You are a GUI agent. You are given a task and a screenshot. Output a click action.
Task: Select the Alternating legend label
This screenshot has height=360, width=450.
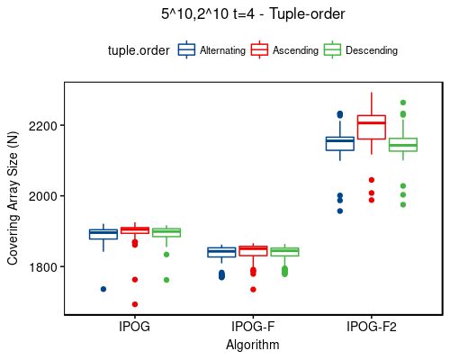click(x=223, y=51)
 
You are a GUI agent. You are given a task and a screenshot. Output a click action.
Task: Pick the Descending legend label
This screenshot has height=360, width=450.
click(x=372, y=51)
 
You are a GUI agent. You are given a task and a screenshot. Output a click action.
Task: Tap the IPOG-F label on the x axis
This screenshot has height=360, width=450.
click(x=253, y=327)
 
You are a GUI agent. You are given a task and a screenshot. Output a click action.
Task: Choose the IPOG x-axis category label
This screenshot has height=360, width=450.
click(x=135, y=327)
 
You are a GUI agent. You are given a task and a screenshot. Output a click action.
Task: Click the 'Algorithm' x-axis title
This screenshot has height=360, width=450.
click(x=253, y=345)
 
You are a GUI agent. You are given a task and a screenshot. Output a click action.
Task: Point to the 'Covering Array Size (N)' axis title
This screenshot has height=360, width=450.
click(x=13, y=198)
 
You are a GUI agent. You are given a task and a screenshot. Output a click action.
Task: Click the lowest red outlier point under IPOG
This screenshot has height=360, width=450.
click(x=135, y=304)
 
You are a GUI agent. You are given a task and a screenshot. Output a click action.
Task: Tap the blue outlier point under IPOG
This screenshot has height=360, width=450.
click(x=103, y=289)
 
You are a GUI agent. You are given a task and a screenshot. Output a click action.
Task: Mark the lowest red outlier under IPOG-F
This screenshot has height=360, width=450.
click(x=253, y=289)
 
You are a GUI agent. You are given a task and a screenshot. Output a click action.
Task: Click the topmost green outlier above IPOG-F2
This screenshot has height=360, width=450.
click(x=402, y=103)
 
